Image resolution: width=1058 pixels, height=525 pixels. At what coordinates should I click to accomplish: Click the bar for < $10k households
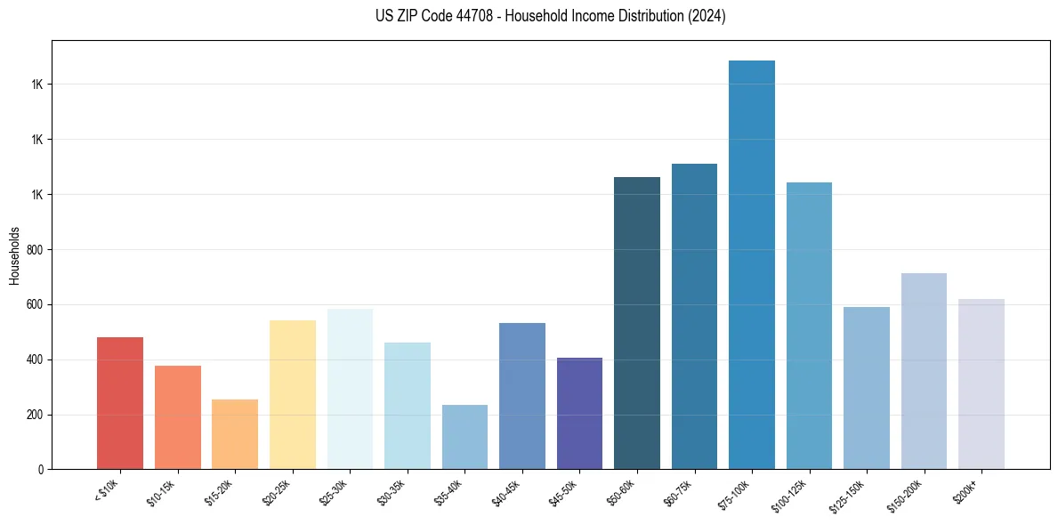click(120, 403)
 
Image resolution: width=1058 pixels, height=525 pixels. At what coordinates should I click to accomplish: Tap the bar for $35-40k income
click(464, 437)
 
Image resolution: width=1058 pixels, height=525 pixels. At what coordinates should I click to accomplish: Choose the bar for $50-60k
click(637, 323)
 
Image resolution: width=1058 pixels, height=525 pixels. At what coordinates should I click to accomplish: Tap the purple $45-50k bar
click(579, 414)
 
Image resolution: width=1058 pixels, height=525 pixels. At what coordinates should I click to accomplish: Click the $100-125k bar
click(809, 326)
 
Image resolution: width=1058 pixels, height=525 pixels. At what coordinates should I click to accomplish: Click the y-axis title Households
click(14, 255)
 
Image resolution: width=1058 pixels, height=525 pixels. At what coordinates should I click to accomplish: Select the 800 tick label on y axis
click(34, 250)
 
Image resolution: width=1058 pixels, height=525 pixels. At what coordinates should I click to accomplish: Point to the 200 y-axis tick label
click(34, 415)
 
